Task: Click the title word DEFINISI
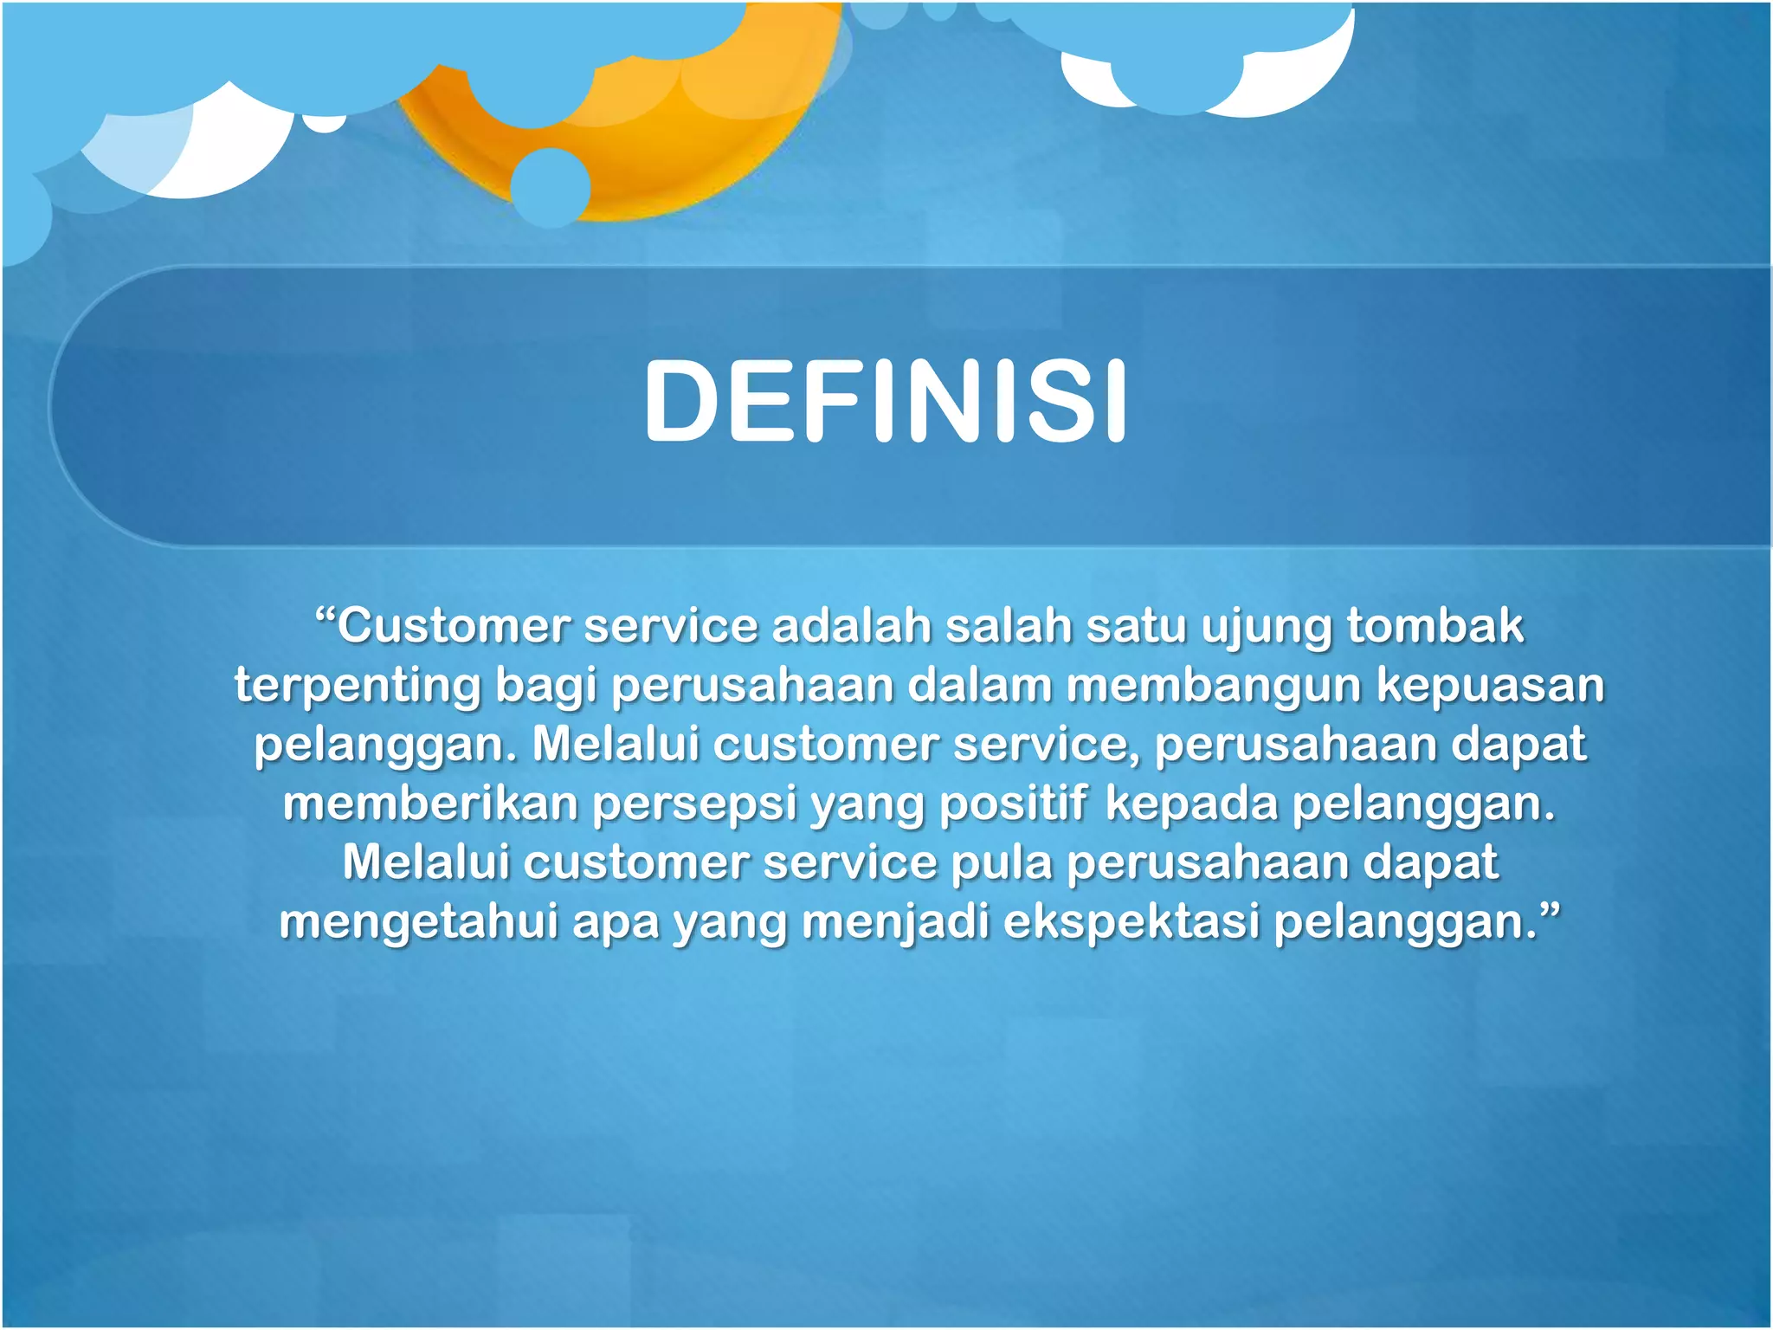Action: [885, 402]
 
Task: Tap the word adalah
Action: [851, 625]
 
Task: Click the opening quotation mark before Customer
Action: [324, 616]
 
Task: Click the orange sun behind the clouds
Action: [693, 147]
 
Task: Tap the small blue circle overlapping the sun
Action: [551, 187]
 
